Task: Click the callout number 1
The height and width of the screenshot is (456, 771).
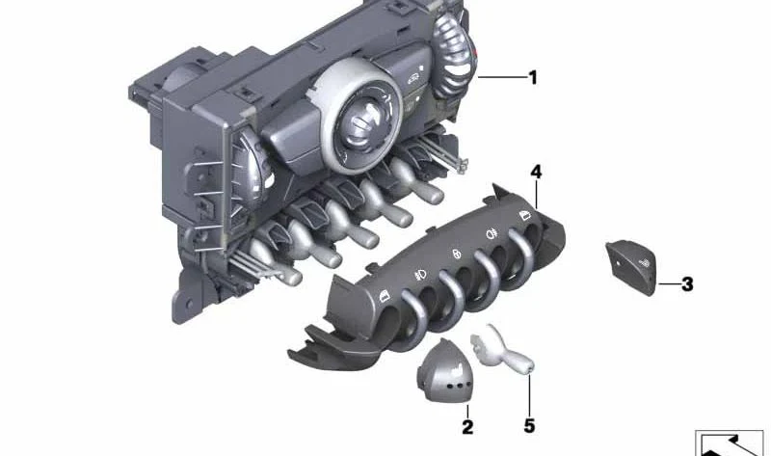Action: tap(533, 77)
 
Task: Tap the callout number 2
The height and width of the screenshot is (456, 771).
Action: tap(467, 426)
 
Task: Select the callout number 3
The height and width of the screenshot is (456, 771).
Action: tap(687, 283)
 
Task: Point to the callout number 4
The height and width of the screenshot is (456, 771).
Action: tap(536, 172)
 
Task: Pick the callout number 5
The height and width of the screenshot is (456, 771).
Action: tap(529, 425)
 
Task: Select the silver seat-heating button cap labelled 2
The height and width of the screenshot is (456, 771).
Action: tap(443, 371)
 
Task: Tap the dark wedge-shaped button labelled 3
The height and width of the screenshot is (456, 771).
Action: tap(632, 267)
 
